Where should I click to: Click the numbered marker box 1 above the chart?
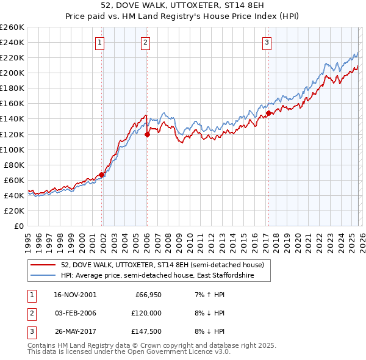(99, 42)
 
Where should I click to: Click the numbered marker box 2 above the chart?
(145, 42)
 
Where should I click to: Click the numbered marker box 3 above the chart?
(267, 42)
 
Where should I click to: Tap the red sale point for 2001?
(102, 175)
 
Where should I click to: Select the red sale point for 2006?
(147, 134)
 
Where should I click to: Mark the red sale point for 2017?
(268, 113)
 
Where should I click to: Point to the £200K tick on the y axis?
(12, 73)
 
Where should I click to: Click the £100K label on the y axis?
(12, 149)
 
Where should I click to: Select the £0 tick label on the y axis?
(18, 226)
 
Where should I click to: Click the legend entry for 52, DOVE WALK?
(162, 265)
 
